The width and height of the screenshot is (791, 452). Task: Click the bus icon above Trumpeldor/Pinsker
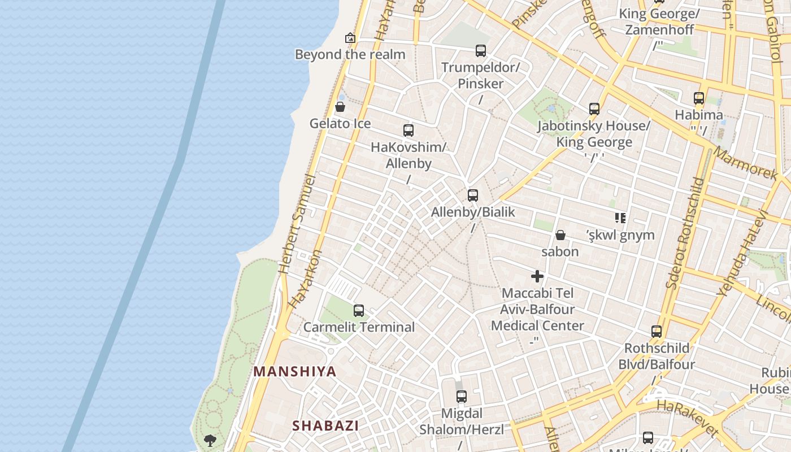tap(481, 51)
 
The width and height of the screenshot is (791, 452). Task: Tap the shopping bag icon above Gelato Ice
tap(340, 107)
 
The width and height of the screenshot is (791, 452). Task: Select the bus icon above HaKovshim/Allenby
tap(408, 131)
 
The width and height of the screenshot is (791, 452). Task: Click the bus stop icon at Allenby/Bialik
tap(473, 195)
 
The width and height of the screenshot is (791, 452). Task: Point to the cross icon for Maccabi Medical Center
tap(537, 276)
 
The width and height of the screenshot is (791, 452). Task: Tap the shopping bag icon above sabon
tap(560, 235)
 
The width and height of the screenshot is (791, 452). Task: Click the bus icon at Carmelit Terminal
tap(359, 310)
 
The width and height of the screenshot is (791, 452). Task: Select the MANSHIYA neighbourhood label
tap(295, 372)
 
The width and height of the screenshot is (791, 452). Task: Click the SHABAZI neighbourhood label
tap(325, 426)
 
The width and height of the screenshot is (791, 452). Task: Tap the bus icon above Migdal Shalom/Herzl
tap(462, 396)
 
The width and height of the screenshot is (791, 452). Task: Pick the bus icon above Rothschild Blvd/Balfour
tap(657, 332)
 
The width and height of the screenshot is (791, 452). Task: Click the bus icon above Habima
tap(699, 98)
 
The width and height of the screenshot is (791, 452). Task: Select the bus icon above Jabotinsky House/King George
tap(594, 109)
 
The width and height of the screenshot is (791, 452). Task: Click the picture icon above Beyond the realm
tap(350, 38)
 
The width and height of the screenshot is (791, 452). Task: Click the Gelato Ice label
tap(340, 123)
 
